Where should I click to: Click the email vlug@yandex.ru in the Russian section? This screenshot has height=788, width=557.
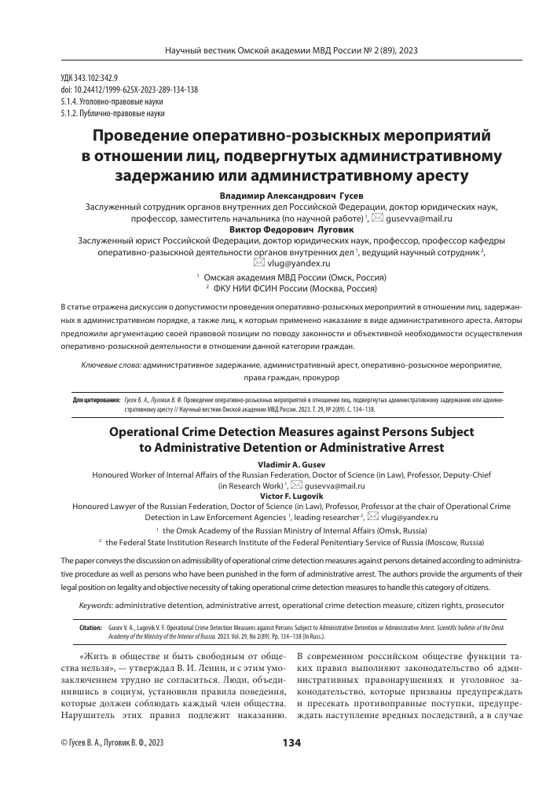tap(291, 264)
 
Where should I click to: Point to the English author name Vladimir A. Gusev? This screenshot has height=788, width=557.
tap(278, 464)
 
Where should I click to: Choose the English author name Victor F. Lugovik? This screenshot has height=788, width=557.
tap(279, 497)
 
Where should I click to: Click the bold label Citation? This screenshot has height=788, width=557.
tap(91, 629)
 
